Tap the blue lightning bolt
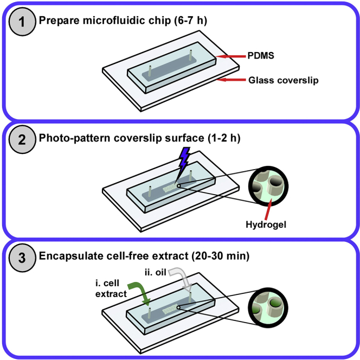coord(184,159)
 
